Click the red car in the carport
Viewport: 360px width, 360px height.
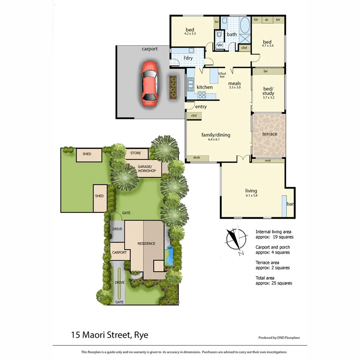pyautogui.click(x=149, y=83)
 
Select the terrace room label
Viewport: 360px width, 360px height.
pyautogui.click(x=270, y=134)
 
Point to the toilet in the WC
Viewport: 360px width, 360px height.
pyautogui.click(x=219, y=35)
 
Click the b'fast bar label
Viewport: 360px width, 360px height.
pyautogui.click(x=222, y=75)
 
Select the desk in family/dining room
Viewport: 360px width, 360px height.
pyautogui.click(x=197, y=158)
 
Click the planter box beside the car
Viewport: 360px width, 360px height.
pyautogui.click(x=172, y=87)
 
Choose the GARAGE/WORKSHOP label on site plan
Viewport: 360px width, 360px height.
pyautogui.click(x=147, y=169)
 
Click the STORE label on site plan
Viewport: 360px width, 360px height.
pyautogui.click(x=136, y=153)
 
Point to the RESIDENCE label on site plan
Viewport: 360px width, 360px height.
pyautogui.click(x=146, y=243)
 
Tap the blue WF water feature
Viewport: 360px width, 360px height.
pyautogui.click(x=169, y=248)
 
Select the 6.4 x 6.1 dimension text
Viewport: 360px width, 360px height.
pyautogui.click(x=216, y=140)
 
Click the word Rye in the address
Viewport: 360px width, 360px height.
pyautogui.click(x=141, y=335)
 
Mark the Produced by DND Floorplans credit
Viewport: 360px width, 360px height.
pyautogui.click(x=279, y=338)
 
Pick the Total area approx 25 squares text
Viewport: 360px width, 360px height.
pyautogui.click(x=274, y=280)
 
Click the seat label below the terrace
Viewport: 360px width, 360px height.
pyautogui.click(x=268, y=161)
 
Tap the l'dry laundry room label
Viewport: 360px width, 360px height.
pyautogui.click(x=188, y=58)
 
